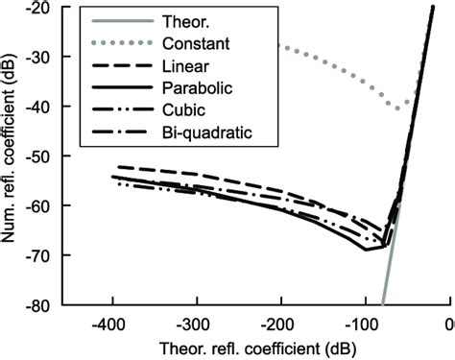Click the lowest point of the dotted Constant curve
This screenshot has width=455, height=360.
point(399,108)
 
